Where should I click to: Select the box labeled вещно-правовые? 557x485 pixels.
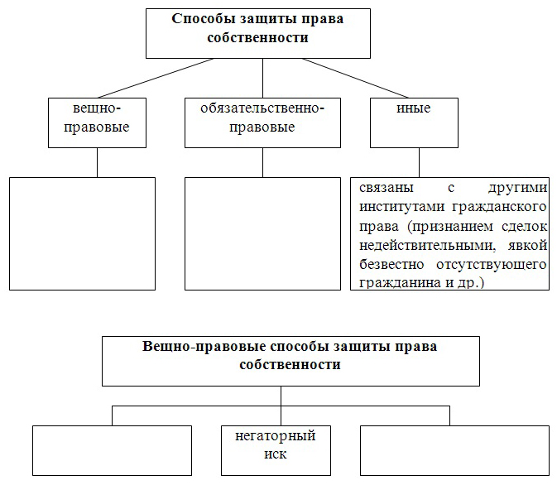coord(97,123)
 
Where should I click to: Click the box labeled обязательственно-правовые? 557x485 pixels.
coord(262,123)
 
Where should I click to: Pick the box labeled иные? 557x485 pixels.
coord(414,123)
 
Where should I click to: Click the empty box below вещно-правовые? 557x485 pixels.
coord(82,233)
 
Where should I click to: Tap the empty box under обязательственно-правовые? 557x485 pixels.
coord(262,233)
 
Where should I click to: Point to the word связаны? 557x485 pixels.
coord(387,188)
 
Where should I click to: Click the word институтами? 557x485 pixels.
coord(401,207)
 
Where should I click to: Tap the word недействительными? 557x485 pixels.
coord(427,246)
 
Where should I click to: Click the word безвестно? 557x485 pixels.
coord(391,264)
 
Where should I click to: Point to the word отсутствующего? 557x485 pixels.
coord(492,265)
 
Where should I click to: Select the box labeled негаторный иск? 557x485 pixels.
coord(276,450)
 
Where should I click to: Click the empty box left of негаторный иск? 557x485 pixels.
coord(112,450)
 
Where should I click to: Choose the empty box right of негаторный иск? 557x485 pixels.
coord(454,450)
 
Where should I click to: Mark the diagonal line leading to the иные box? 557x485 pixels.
coord(355,78)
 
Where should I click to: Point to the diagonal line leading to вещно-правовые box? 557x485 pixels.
coord(156,78)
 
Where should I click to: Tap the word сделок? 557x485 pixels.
coord(525,227)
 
